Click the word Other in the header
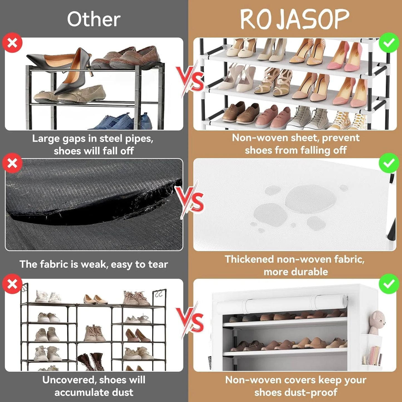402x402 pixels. pos(94,19)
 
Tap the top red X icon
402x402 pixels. pos(12,43)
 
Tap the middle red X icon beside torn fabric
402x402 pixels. pos(12,163)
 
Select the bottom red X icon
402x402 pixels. pos(12,284)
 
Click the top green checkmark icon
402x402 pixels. pos(389,43)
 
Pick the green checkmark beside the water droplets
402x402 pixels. pos(389,163)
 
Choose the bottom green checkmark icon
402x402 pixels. pos(389,284)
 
